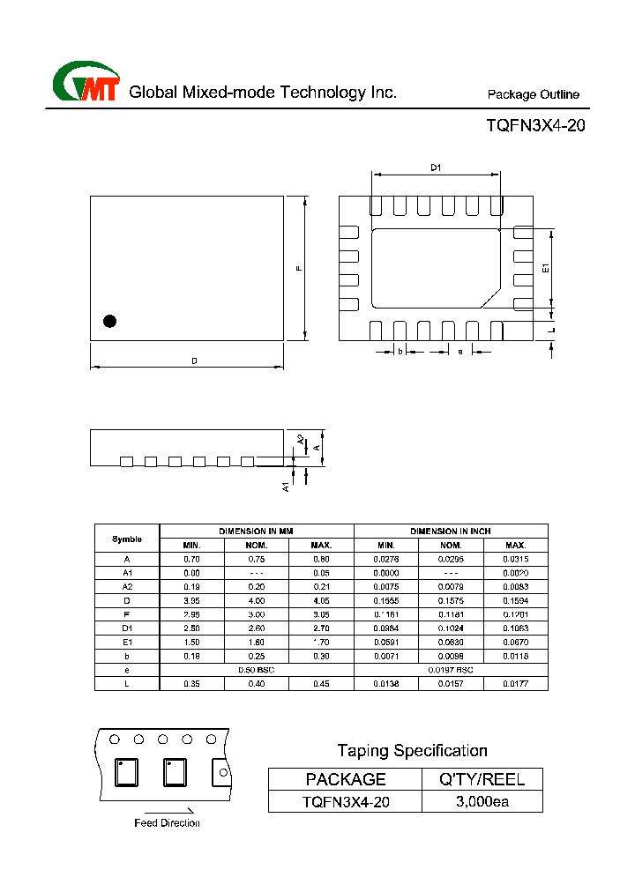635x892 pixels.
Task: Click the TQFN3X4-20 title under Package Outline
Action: click(535, 126)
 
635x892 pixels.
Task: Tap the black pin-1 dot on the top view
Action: click(110, 322)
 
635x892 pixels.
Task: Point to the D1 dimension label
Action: click(436, 167)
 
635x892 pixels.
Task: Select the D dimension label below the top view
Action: click(194, 361)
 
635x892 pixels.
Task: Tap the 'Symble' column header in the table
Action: click(127, 539)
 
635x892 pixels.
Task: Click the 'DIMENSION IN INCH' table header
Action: click(451, 531)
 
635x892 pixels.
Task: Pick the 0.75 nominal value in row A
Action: click(257, 559)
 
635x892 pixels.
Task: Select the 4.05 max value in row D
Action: click(321, 600)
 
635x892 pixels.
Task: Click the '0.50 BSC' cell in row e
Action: click(257, 670)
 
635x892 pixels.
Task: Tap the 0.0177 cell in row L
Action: click(515, 683)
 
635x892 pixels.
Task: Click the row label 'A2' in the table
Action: click(127, 586)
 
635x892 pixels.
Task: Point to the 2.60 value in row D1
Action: click(257, 628)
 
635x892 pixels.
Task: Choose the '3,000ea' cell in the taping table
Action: click(482, 801)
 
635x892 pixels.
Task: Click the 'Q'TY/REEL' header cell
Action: click(482, 779)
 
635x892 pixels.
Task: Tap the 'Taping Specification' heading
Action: click(412, 751)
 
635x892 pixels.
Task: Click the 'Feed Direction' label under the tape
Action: click(167, 823)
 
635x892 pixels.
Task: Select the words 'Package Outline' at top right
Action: click(534, 95)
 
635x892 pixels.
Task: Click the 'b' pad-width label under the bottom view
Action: click(400, 352)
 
